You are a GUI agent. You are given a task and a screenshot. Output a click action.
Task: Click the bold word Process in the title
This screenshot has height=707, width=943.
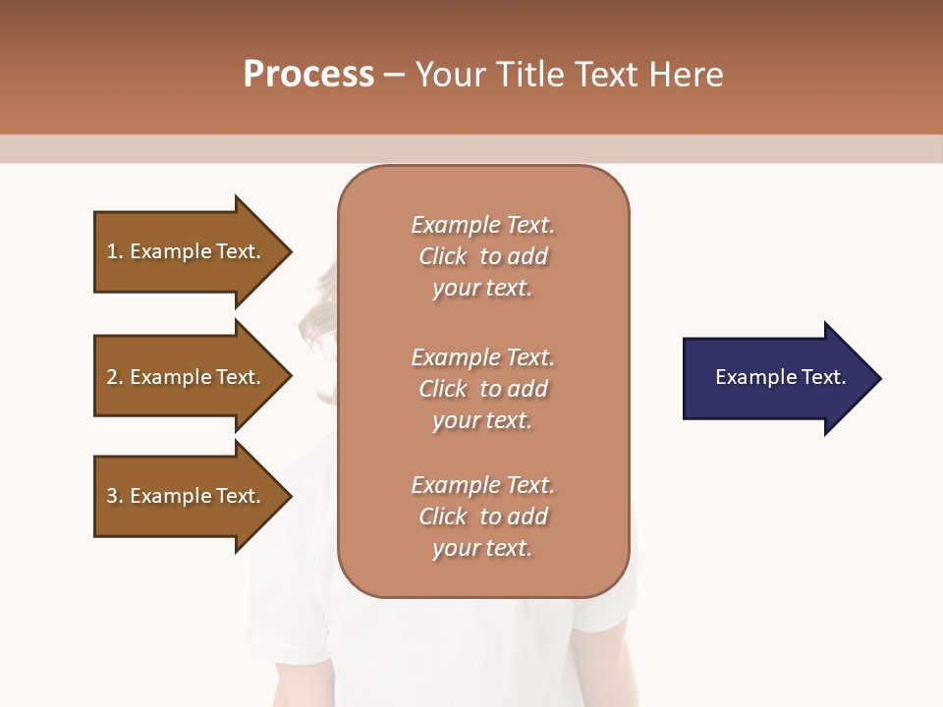point(308,75)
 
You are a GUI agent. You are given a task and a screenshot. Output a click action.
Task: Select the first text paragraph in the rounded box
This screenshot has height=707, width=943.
point(482,256)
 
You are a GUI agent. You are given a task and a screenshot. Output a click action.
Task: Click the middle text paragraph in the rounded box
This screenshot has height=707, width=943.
point(482,389)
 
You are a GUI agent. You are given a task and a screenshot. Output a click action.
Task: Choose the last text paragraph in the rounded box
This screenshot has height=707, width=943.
point(482,517)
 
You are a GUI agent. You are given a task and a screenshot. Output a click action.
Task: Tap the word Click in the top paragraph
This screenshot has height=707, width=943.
point(443,256)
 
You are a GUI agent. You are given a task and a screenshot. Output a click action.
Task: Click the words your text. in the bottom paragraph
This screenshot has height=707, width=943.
point(482,548)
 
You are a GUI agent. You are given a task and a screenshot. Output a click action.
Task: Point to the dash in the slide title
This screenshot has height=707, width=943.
point(394,76)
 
